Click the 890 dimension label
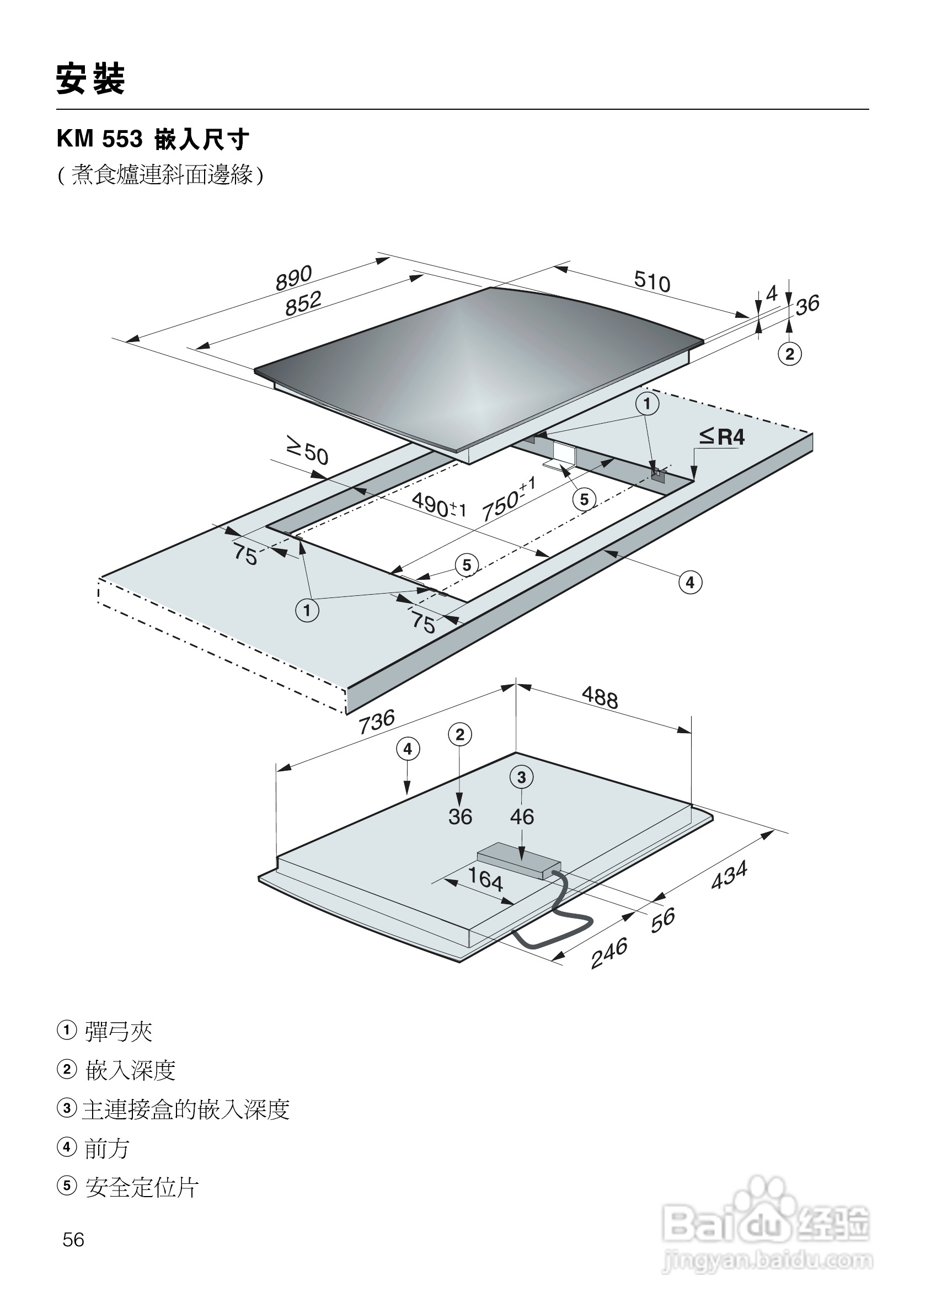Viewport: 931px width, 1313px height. [293, 277]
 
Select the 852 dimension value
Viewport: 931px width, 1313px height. [303, 303]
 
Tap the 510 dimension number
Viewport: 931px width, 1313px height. [652, 281]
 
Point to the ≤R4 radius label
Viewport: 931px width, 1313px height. [722, 437]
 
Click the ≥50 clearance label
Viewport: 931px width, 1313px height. [307, 450]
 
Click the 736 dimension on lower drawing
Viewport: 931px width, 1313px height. [377, 721]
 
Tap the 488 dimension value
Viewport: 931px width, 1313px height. [600, 697]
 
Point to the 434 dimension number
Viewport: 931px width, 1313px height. [729, 875]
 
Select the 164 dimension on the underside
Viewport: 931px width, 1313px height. [485, 878]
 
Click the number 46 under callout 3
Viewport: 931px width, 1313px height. [522, 816]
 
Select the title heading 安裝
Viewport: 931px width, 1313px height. [90, 79]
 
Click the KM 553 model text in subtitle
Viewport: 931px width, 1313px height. [100, 140]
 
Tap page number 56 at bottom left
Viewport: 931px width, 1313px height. [73, 1240]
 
